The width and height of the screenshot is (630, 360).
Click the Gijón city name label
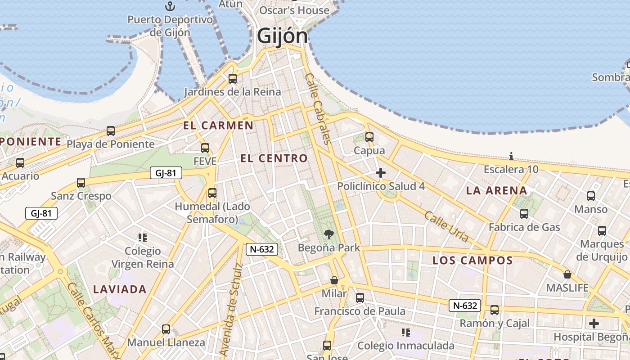coord(283,36)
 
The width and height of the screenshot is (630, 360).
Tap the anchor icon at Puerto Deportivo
coord(170,6)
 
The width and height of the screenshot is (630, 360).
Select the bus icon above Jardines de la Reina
coord(233,78)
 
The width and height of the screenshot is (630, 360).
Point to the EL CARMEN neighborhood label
coord(218,126)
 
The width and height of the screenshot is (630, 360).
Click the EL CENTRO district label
coord(274,158)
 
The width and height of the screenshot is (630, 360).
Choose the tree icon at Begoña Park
coord(329,234)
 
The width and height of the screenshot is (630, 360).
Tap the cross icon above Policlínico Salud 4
coord(381,172)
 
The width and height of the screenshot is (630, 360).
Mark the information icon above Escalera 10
coord(511,156)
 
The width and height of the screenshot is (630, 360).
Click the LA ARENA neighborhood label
coord(496,190)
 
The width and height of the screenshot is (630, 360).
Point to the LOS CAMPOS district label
coord(472,261)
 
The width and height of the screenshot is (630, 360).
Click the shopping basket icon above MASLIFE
coord(567,274)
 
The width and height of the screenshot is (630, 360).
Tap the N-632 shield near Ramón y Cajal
coord(464,306)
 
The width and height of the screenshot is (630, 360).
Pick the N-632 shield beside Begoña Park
coord(261,249)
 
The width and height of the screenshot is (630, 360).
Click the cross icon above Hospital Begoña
coord(594,323)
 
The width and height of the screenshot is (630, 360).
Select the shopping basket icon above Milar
coord(334,280)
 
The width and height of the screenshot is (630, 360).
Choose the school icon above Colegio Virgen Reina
coord(143,237)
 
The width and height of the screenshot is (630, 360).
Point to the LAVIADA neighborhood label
coord(120,289)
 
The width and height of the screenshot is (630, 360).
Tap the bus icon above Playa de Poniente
coord(111,131)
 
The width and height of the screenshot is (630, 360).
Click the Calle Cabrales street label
coord(318,108)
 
